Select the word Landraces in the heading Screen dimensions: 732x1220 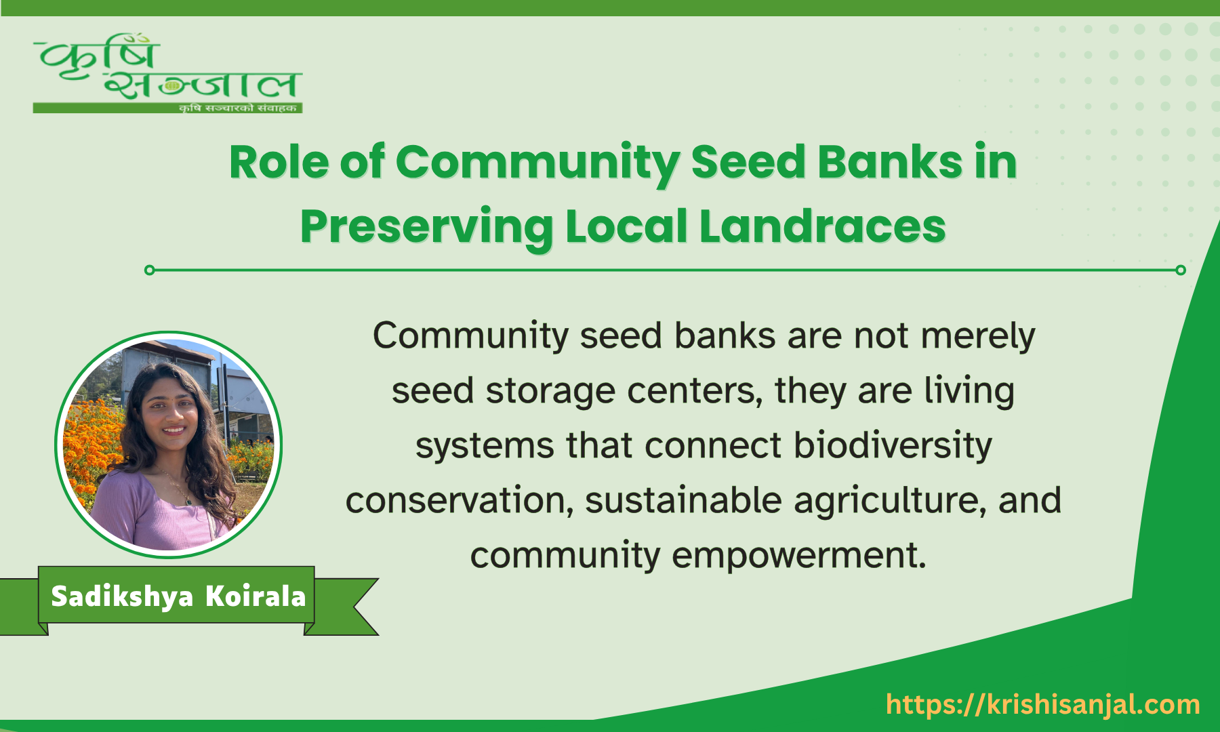click(822, 226)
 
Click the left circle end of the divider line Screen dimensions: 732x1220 click(150, 270)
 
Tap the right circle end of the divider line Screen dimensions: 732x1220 click(1181, 270)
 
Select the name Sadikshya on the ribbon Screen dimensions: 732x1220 click(122, 596)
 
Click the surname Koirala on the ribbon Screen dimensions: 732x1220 click(256, 596)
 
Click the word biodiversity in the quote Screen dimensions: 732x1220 click(893, 446)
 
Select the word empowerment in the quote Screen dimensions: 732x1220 click(799, 556)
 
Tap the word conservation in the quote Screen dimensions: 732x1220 click(460, 501)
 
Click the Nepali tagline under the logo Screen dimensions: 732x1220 click(237, 108)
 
